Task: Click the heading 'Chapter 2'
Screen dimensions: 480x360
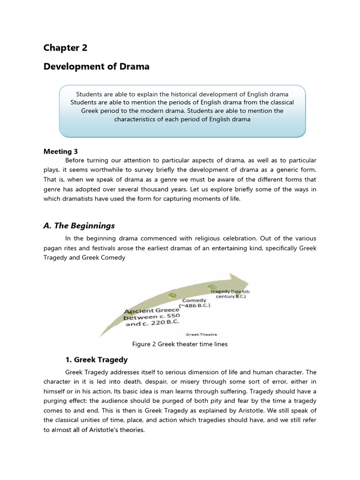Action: (65, 48)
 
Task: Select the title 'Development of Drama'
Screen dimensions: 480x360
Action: (96, 67)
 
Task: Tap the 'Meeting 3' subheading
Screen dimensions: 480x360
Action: (61, 151)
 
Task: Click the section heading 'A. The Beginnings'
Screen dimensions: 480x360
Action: (79, 225)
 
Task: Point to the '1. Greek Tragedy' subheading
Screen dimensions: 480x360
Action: (96, 360)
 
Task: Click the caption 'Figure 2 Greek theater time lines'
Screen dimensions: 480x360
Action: (180, 345)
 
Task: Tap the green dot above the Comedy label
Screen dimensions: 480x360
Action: (172, 295)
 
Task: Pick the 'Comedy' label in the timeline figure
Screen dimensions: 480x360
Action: (195, 300)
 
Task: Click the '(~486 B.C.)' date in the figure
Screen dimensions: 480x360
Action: (196, 306)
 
